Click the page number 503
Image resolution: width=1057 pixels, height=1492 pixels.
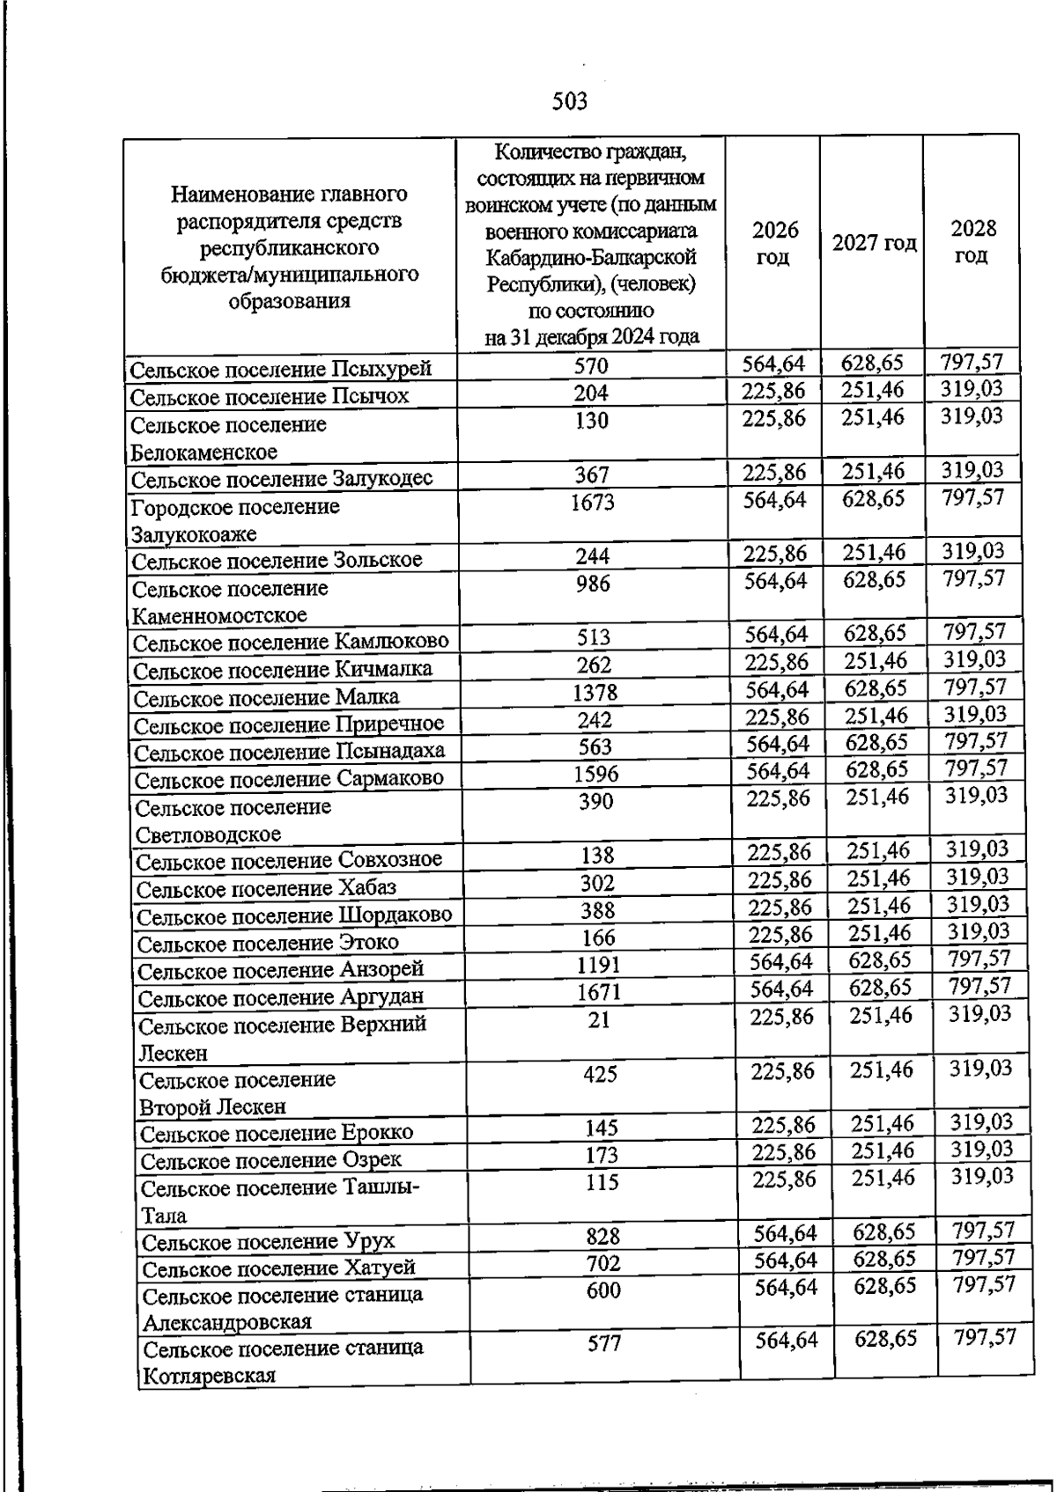point(570,102)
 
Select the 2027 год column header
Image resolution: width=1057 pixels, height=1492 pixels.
point(874,243)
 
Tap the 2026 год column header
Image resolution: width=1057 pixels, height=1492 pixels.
point(774,244)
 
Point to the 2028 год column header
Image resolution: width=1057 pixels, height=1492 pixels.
point(972,242)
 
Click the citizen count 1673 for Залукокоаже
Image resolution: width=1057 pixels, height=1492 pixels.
point(592,503)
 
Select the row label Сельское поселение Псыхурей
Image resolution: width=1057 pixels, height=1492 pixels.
point(281,369)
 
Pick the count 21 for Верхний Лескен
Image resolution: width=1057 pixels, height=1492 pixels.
point(599,1020)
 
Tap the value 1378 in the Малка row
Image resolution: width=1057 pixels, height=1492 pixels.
point(595,693)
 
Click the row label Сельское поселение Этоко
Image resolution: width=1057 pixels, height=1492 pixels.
point(269,944)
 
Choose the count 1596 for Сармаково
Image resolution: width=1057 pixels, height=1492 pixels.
point(595,774)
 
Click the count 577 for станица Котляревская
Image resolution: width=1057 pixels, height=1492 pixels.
point(605,1343)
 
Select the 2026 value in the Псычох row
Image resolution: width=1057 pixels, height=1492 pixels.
point(773,391)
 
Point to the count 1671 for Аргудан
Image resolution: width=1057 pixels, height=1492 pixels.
point(599,993)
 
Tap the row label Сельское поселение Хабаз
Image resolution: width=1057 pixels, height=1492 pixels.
point(267,888)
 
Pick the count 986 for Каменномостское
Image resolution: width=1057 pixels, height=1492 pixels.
point(593,584)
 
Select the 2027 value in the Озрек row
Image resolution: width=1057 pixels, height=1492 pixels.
point(883,1150)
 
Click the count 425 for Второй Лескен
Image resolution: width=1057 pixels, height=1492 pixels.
point(600,1074)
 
